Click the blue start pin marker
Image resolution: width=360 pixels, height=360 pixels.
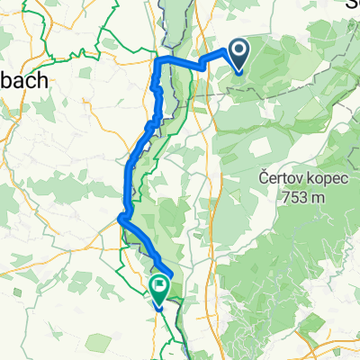pos(240,54)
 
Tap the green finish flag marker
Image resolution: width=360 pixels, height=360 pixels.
pos(159,288)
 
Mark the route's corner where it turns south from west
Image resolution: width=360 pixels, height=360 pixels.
pos(158,60)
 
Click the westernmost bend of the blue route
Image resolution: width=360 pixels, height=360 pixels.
pos(121,215)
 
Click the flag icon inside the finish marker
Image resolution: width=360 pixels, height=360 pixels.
pos(159,286)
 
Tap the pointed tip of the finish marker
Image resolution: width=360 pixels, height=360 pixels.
pos(159,304)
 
